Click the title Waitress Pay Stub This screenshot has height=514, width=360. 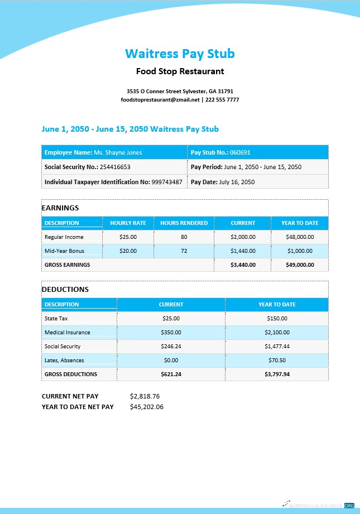point(180,54)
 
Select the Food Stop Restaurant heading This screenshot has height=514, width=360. point(180,71)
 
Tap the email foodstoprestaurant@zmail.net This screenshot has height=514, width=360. point(160,99)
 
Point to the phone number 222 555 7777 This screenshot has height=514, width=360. point(222,99)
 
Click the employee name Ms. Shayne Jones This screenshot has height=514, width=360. point(118,152)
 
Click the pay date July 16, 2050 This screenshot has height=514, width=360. point(237,182)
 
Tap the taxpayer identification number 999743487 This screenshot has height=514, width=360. point(166,182)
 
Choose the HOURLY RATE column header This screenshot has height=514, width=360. point(128,223)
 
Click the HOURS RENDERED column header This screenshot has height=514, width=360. point(184,223)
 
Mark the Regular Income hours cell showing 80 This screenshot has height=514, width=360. point(184,237)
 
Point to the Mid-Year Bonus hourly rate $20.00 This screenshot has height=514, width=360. point(128,251)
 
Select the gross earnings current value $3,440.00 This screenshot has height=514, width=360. point(243,265)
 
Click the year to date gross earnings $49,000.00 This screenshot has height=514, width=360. point(300,265)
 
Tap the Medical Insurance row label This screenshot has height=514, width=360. point(67,333)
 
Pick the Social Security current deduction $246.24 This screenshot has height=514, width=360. point(171,347)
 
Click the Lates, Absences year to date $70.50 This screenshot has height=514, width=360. point(277,361)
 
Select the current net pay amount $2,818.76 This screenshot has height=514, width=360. point(145,396)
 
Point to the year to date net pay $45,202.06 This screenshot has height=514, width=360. point(146,407)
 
